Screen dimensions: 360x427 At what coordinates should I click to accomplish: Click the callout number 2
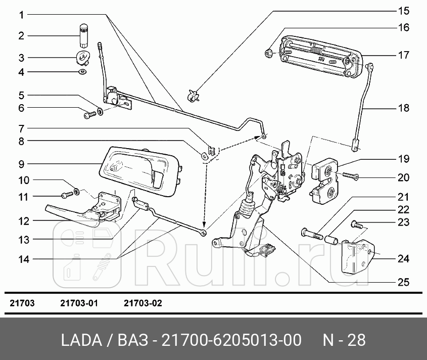(21, 36)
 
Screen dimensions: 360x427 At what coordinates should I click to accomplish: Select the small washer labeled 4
(82, 72)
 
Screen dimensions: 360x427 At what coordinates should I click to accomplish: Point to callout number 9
(21, 164)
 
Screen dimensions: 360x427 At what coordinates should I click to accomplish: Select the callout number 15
(403, 11)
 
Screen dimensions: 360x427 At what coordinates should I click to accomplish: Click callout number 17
(403, 55)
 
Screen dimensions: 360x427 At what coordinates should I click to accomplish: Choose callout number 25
(403, 282)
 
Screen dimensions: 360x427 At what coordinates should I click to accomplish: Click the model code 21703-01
(79, 303)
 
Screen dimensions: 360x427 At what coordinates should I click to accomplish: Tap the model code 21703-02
(143, 303)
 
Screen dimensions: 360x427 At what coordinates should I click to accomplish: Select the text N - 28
(344, 339)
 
